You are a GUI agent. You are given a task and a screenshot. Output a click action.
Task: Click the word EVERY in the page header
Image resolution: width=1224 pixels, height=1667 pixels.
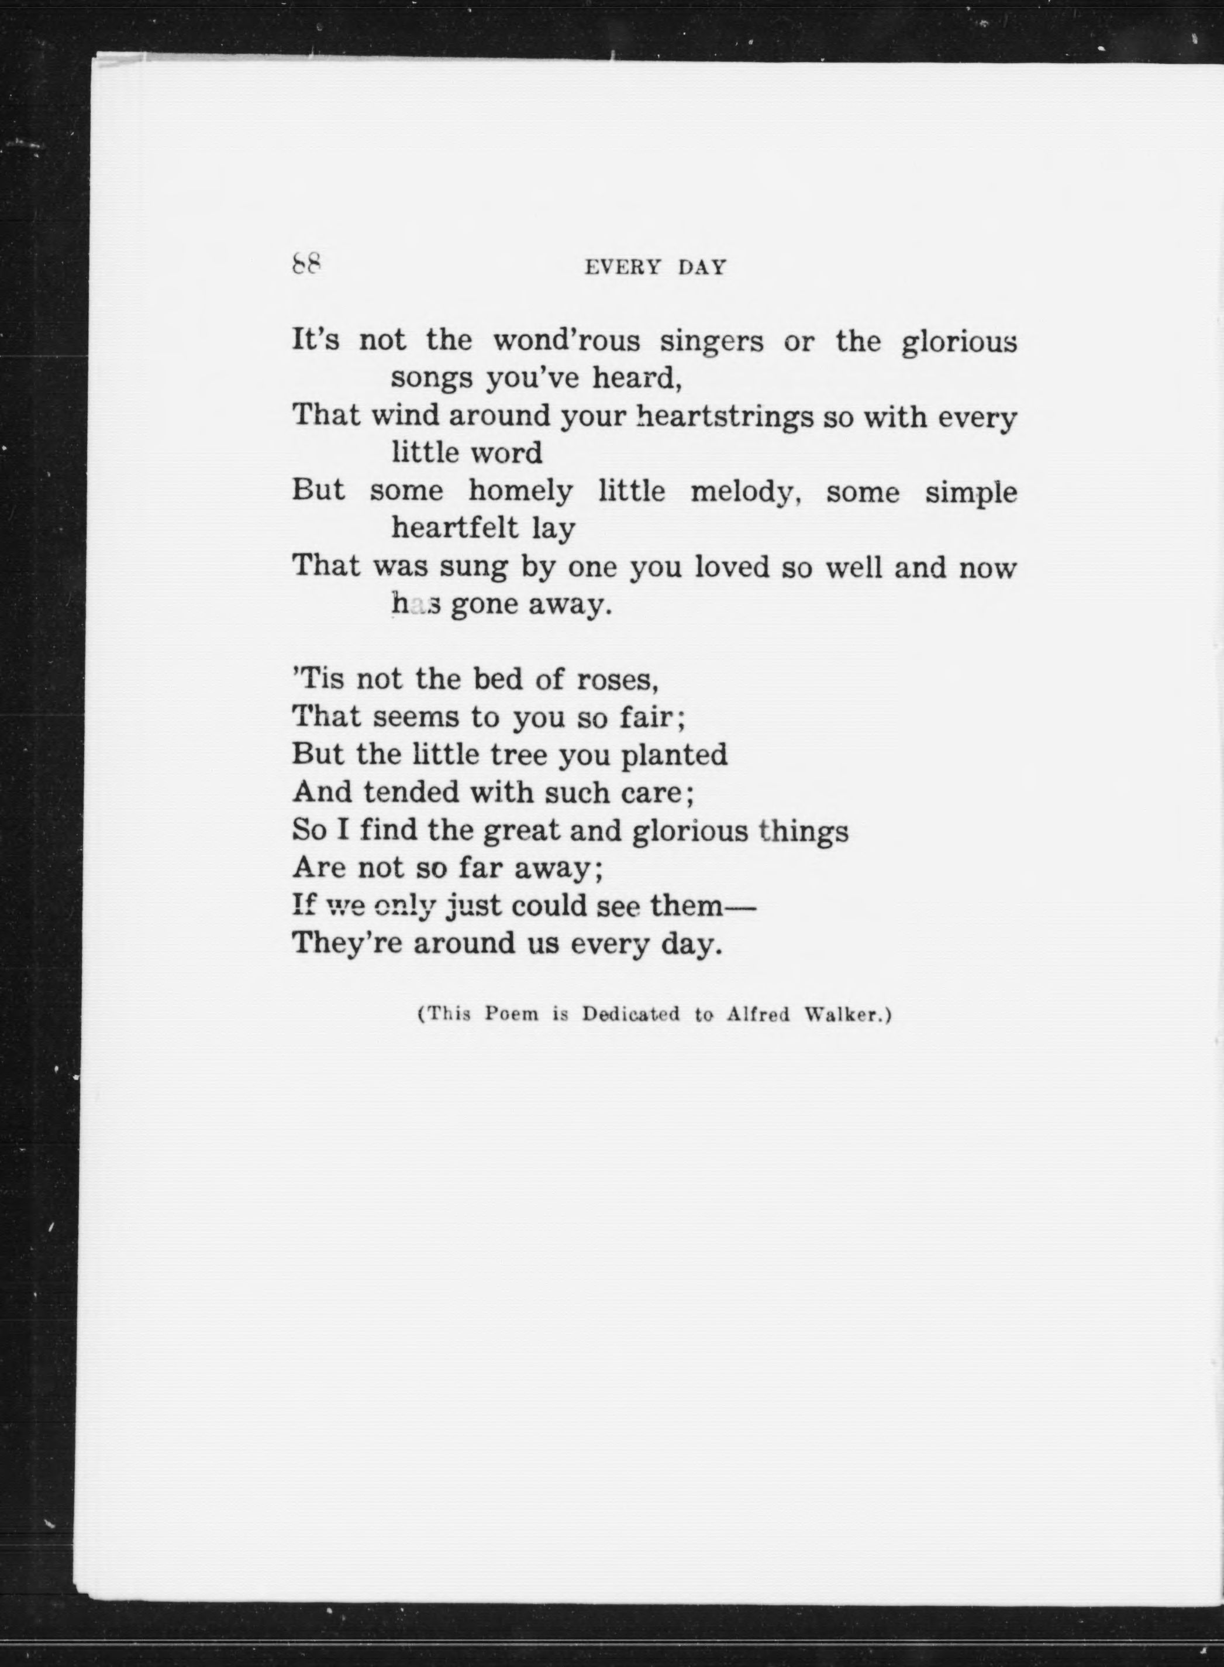tap(622, 267)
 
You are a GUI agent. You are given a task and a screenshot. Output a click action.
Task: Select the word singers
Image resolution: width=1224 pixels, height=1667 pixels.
tap(711, 342)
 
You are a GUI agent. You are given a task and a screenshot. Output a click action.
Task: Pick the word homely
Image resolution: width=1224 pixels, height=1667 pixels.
tap(520, 491)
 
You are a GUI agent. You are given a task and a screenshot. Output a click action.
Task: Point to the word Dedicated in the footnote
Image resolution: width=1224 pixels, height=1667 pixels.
tap(630, 1014)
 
